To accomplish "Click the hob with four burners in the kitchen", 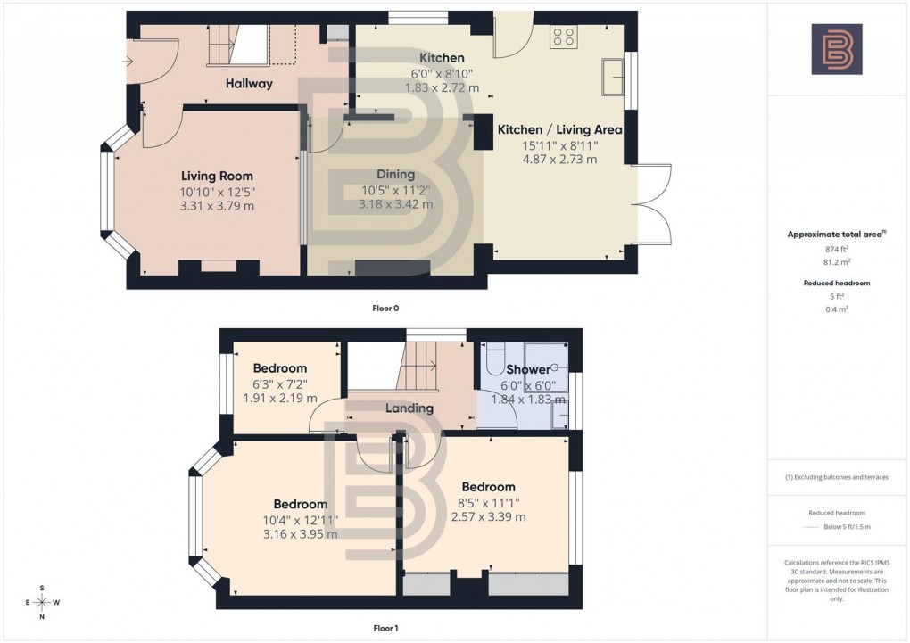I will [564, 37].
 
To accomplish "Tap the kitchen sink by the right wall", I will [613, 76].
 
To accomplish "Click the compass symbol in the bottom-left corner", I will [42, 603].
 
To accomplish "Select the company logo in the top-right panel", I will [836, 49].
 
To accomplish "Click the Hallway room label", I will [248, 84].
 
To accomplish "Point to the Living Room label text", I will [217, 176].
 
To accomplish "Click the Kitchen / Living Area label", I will [559, 129].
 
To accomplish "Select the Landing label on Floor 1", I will [409, 408].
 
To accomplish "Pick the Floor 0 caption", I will [385, 309].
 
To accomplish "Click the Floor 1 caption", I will [385, 629].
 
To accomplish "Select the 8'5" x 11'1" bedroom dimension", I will [488, 502].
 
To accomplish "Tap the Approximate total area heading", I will [835, 235].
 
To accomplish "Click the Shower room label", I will [528, 369].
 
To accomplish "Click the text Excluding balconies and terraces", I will [837, 477].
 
